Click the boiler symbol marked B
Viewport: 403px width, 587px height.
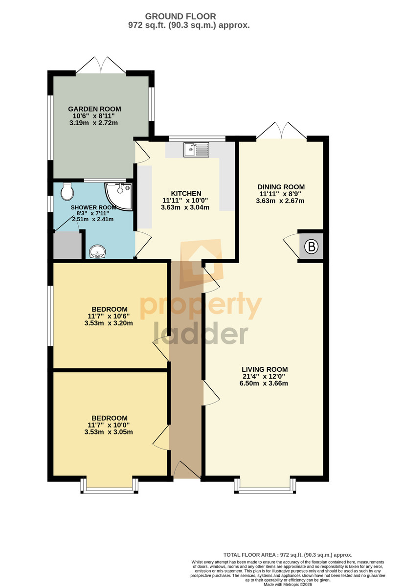click(x=311, y=247)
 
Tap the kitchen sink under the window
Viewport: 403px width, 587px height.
click(x=196, y=150)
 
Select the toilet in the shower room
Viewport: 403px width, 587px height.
click(x=67, y=192)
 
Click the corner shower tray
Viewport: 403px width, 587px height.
click(x=119, y=196)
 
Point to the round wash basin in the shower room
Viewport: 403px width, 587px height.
click(x=97, y=251)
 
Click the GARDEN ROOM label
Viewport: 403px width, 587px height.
click(x=94, y=109)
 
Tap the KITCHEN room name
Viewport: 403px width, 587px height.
click(x=186, y=193)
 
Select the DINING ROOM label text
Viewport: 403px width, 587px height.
click(x=281, y=187)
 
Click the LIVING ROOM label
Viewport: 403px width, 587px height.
click(x=265, y=369)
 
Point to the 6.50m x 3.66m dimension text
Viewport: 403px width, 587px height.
click(x=264, y=384)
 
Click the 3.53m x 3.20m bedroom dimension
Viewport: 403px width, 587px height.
click(x=109, y=323)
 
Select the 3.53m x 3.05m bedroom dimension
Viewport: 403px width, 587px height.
click(x=109, y=432)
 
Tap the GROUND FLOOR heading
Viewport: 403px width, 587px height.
click(x=180, y=17)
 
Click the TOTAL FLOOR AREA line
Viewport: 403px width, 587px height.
click(x=288, y=555)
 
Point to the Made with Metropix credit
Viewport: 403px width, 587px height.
click(x=288, y=585)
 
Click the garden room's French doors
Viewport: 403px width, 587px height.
click(x=101, y=65)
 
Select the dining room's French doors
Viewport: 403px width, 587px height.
click(x=281, y=130)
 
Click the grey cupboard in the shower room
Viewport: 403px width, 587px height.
click(x=67, y=246)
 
